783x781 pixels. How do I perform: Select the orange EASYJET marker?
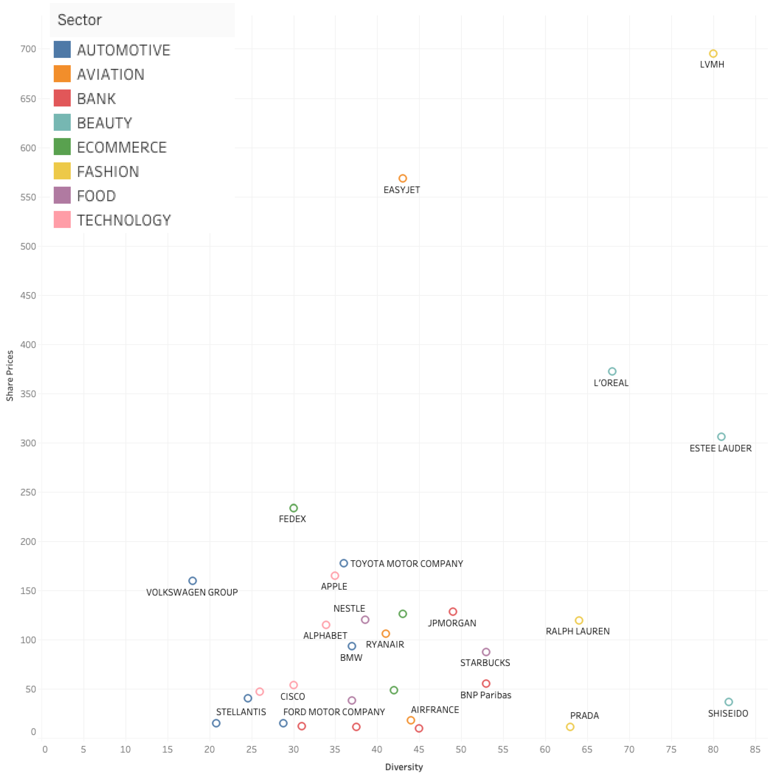pyautogui.click(x=402, y=178)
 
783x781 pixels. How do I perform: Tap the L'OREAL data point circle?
pyautogui.click(x=612, y=371)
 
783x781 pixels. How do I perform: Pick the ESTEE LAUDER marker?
pyautogui.click(x=721, y=436)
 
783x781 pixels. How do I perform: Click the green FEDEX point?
pyautogui.click(x=293, y=508)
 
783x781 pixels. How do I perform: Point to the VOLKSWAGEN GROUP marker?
pyautogui.click(x=192, y=581)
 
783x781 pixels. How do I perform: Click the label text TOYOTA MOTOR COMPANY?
pyautogui.click(x=407, y=564)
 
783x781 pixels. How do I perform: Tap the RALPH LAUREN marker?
pyautogui.click(x=579, y=620)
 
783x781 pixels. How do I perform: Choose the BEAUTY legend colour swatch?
pyautogui.click(x=62, y=122)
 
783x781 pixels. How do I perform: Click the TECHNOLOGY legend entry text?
pyautogui.click(x=124, y=220)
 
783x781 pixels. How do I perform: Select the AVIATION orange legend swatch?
pyautogui.click(x=62, y=74)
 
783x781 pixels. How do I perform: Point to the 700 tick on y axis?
pyautogui.click(x=28, y=49)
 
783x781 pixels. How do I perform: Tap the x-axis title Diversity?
pyautogui.click(x=404, y=767)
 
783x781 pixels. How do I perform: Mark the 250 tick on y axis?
pyautogui.click(x=28, y=492)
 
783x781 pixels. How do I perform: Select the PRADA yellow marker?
pyautogui.click(x=570, y=727)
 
